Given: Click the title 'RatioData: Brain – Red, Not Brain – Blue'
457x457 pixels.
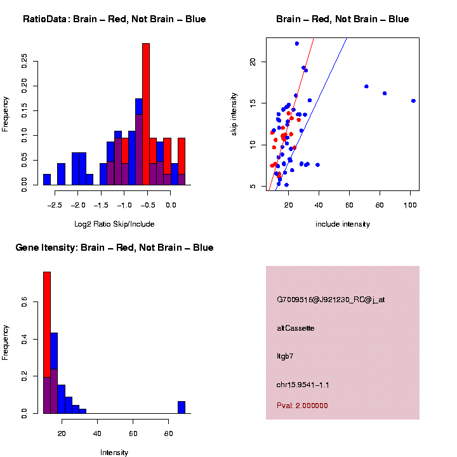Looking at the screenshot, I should pyautogui.click(x=114, y=20).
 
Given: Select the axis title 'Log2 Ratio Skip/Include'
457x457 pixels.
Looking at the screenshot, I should pyautogui.click(x=114, y=224).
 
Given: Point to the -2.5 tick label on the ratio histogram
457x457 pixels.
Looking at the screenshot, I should pyautogui.click(x=55, y=206).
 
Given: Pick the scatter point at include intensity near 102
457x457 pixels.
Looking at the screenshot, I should pyautogui.click(x=413, y=101).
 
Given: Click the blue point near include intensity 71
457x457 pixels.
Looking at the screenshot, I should pyautogui.click(x=366, y=86).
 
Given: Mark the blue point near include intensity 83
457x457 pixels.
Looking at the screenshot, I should pyautogui.click(x=385, y=93).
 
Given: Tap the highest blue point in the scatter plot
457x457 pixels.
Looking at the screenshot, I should pyautogui.click(x=296, y=44).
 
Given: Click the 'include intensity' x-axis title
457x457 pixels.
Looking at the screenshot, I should pyautogui.click(x=343, y=224).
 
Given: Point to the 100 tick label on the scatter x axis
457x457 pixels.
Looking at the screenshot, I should pyautogui.click(x=410, y=206).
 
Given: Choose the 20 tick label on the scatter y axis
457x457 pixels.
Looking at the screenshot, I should pyautogui.click(x=253, y=62).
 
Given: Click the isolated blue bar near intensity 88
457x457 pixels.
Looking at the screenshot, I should pyautogui.click(x=182, y=407).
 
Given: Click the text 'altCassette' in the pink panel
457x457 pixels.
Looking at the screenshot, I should pyautogui.click(x=296, y=328).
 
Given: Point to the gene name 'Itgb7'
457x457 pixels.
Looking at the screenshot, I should pyautogui.click(x=285, y=356).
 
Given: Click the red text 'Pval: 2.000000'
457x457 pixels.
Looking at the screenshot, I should pyautogui.click(x=302, y=406).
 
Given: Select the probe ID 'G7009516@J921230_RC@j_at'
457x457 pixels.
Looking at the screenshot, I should pyautogui.click(x=331, y=300).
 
